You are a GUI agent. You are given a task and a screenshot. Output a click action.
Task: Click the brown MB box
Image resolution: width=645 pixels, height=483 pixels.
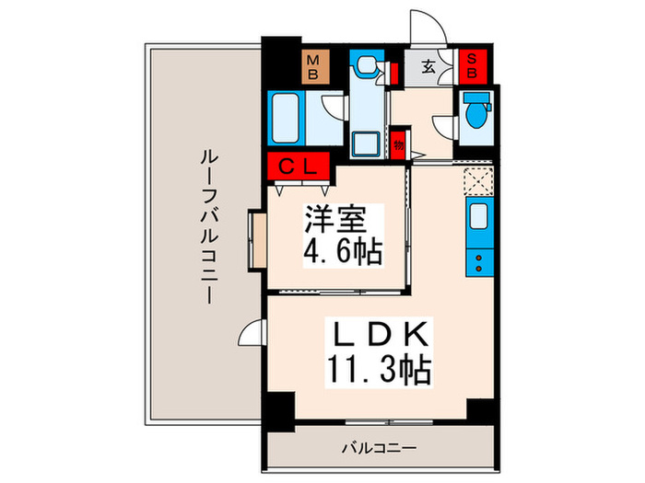coord(313,67)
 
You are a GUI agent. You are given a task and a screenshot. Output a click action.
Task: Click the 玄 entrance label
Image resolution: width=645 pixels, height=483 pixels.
coord(430,66)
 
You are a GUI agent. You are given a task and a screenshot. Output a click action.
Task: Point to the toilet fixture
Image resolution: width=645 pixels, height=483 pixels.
coord(476,115)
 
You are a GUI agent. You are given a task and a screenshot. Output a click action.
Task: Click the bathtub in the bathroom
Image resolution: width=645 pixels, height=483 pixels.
coord(287,118)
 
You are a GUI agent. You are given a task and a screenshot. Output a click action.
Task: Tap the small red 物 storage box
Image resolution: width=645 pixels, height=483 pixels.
coord(398,144)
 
